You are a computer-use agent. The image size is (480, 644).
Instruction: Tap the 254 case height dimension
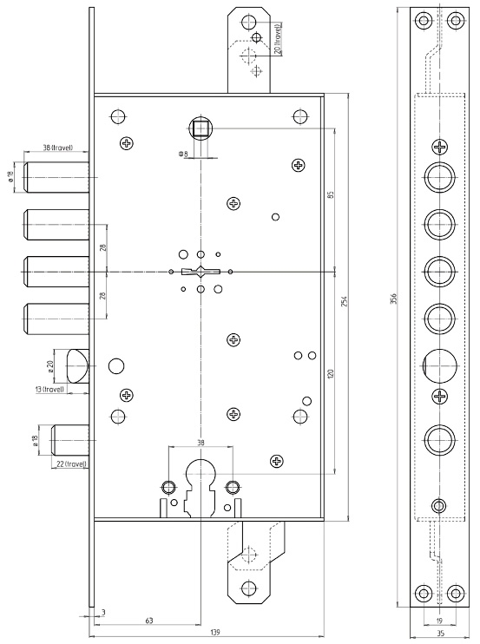click(x=344, y=302)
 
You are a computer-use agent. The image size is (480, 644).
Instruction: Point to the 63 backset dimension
click(x=149, y=621)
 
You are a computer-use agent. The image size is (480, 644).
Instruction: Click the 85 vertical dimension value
click(x=332, y=194)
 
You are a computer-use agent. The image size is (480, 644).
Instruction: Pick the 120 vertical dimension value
click(x=332, y=374)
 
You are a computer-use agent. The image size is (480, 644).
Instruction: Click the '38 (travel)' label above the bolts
click(x=58, y=147)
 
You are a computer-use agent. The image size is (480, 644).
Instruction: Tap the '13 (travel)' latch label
click(x=50, y=389)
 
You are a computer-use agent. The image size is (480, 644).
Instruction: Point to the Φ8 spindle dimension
click(x=183, y=154)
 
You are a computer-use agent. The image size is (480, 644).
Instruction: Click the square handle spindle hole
click(x=201, y=128)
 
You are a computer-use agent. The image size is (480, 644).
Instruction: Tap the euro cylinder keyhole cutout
click(x=201, y=489)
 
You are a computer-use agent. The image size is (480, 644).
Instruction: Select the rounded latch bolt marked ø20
click(x=77, y=366)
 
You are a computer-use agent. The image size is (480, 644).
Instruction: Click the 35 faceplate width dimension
click(x=440, y=634)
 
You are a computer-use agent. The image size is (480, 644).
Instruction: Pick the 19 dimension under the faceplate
click(x=439, y=621)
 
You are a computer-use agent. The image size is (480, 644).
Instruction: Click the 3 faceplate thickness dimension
click(x=103, y=613)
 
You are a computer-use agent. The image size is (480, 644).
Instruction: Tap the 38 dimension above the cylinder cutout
click(x=201, y=443)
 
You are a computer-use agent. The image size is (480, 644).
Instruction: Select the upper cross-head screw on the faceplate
click(x=440, y=147)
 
